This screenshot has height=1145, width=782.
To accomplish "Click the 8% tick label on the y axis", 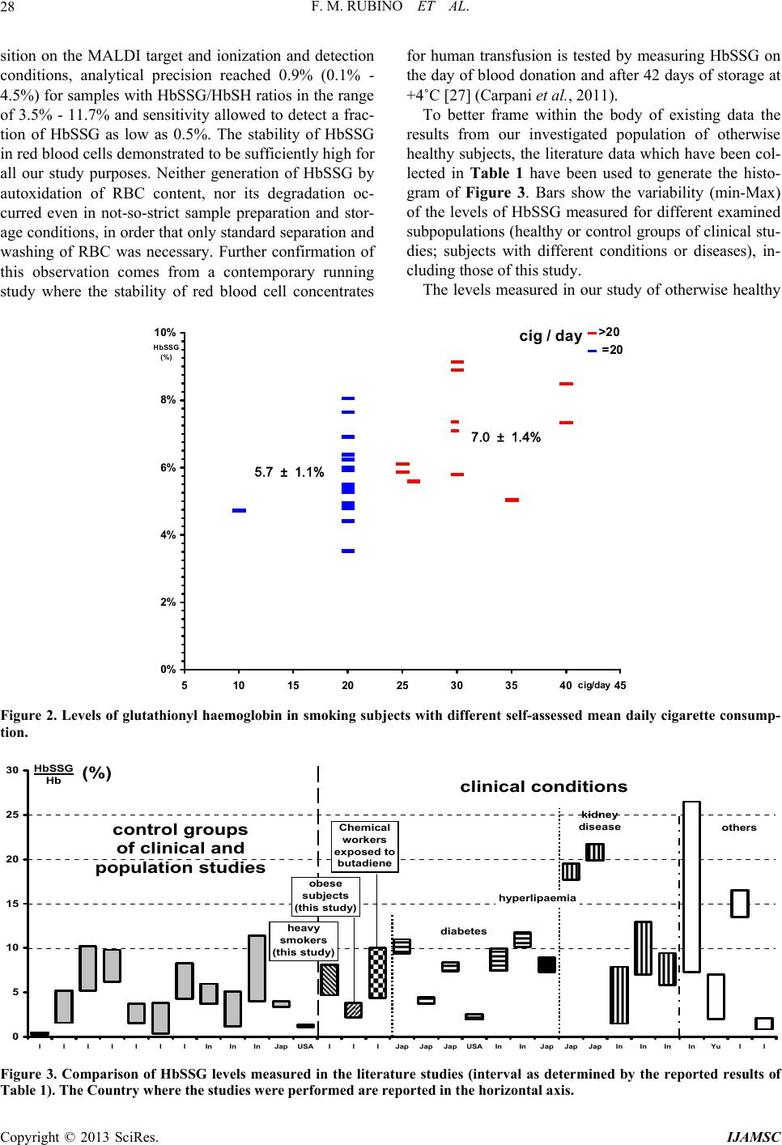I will coord(167,400).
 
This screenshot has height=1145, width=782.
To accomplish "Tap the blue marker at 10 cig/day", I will coord(239,511).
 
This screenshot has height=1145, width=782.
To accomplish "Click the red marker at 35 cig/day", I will coord(512,500).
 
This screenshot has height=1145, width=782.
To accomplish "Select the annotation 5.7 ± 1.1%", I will coord(289,472).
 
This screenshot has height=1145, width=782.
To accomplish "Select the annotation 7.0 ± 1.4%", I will coord(505,437).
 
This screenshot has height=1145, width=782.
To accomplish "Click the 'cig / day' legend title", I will coord(550,336).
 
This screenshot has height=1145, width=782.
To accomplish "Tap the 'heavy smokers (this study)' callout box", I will coord(304,940).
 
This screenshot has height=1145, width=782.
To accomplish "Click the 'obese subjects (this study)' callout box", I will coord(325,896).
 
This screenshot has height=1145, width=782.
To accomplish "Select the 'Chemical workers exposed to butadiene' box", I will coord(364,845).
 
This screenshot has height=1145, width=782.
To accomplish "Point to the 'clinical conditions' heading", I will coord(543,786).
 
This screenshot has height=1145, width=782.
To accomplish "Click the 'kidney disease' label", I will coord(600,820).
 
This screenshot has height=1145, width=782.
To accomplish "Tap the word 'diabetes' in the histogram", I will coord(463,931).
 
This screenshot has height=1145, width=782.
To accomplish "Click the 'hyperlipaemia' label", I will coord(538,897).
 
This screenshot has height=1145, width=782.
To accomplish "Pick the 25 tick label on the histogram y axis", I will coord(12,814).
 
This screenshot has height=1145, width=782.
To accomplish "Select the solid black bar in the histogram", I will coord(546,964).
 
